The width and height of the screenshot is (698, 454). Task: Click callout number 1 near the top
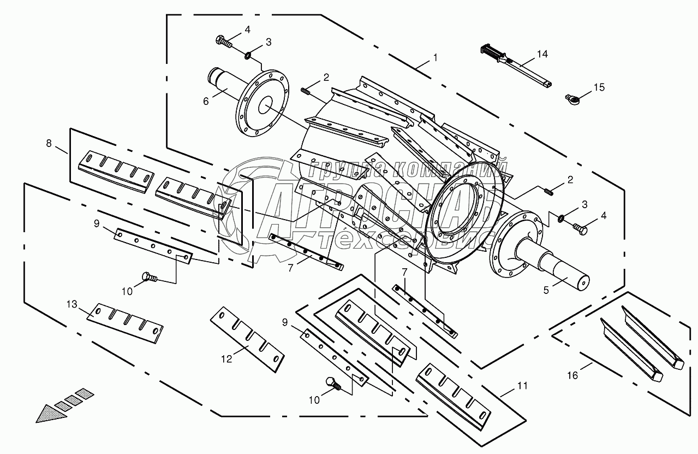(x=435, y=57)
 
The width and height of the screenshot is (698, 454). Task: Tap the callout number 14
(x=542, y=54)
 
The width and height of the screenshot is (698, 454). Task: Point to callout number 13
(x=71, y=304)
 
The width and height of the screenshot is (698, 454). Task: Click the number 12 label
(x=226, y=358)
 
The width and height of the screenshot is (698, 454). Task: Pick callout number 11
(x=522, y=386)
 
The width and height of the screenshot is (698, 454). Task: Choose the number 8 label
(x=49, y=143)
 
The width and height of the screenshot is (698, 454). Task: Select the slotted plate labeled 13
(x=127, y=323)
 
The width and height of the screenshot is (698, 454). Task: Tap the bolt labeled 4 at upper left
(x=223, y=40)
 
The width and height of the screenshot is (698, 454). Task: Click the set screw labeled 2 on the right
(x=549, y=191)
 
